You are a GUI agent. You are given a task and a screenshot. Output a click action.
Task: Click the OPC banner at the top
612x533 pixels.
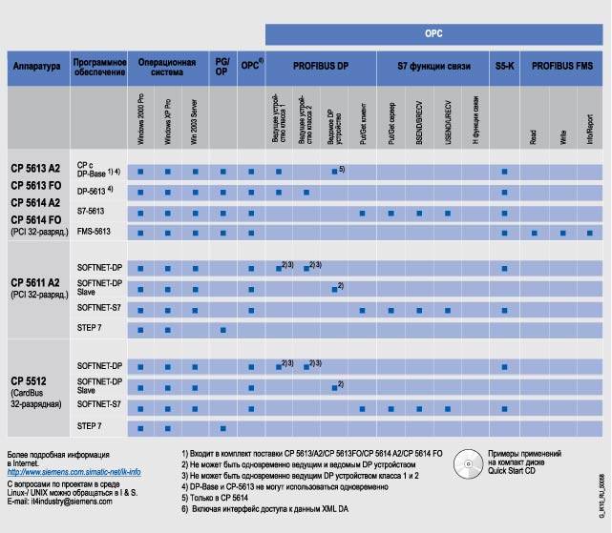click(435, 33)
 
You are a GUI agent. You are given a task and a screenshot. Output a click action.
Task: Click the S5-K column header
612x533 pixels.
click(504, 68)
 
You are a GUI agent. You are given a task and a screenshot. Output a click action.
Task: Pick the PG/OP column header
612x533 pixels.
click(222, 68)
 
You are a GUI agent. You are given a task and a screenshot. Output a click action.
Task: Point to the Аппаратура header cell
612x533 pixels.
click(36, 68)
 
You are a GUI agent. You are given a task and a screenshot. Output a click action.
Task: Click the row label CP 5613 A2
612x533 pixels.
click(35, 166)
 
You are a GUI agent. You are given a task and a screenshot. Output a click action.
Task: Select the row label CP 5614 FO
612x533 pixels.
click(35, 219)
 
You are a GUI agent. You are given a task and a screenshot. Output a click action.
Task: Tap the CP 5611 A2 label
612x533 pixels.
click(35, 282)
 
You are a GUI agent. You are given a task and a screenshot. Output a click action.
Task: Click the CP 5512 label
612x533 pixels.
click(29, 380)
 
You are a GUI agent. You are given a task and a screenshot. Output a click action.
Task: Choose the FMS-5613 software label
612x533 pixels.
click(94, 232)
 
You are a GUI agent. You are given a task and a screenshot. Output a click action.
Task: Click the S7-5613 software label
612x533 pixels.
click(91, 211)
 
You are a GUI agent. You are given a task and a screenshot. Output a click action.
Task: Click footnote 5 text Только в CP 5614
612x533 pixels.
click(229, 496)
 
